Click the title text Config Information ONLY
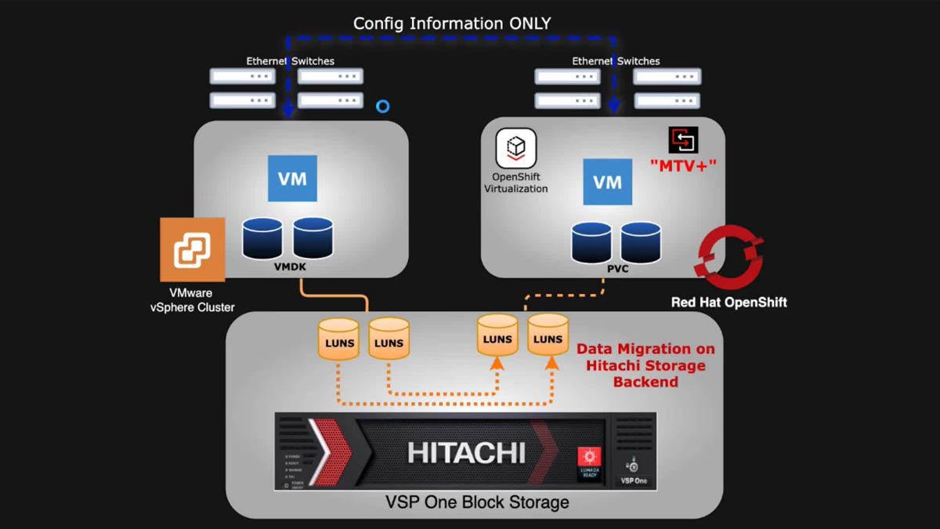[x=452, y=23]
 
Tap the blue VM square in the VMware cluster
[x=292, y=178]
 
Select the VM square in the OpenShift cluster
[x=608, y=181]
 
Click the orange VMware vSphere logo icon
[x=192, y=249]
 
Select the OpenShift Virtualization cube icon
[x=515, y=148]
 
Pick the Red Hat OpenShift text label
[x=728, y=303]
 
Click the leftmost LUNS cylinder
[x=338, y=339]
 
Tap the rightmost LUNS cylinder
[x=548, y=335]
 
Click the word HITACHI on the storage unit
[x=466, y=452]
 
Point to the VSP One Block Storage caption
[x=465, y=502]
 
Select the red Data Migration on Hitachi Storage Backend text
[x=645, y=365]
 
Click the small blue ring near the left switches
[x=382, y=106]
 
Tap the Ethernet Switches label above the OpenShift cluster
[x=616, y=61]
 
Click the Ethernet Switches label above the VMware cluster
[x=290, y=61]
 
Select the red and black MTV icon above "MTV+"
[x=682, y=139]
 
